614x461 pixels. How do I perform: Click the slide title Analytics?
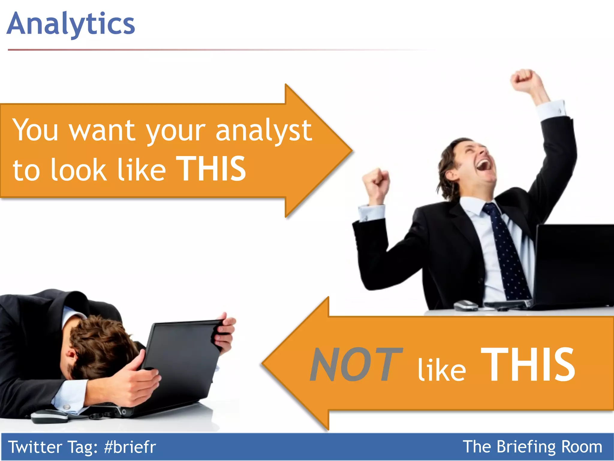point(71,24)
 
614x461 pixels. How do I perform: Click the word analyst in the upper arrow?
point(264,131)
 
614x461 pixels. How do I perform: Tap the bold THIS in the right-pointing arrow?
point(211,169)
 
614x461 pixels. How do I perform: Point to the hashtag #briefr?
point(130,447)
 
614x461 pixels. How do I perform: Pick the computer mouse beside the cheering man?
point(466,306)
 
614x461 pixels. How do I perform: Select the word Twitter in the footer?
point(35,447)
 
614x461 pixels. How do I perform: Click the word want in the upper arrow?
point(102,131)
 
